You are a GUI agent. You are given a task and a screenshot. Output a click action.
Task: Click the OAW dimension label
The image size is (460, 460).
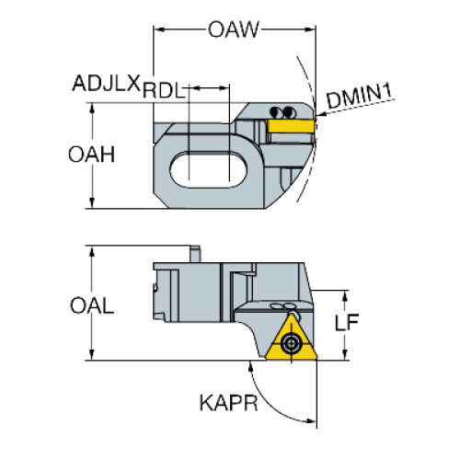pos(234,29)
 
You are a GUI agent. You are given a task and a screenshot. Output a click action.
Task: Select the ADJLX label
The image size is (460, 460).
pos(107,83)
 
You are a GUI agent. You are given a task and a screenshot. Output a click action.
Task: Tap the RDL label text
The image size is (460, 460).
pos(164,90)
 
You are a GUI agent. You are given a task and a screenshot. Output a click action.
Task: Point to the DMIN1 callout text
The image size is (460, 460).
pos(360,96)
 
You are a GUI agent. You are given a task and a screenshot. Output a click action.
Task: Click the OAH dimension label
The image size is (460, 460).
pos(91,155)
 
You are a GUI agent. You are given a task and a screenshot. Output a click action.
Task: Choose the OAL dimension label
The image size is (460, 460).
pos(92,305)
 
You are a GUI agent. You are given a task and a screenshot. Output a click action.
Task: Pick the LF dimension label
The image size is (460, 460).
pos(347,322)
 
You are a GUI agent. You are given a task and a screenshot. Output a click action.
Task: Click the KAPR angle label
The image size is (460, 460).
pos(229,403)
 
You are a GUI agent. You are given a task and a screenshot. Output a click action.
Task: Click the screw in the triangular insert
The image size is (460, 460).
pos(291,343)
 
